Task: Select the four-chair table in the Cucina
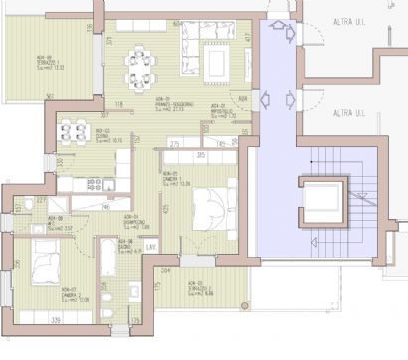point(74,130)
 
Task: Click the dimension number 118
point(118,103)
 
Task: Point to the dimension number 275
point(174,145)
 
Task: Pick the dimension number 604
point(177,22)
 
